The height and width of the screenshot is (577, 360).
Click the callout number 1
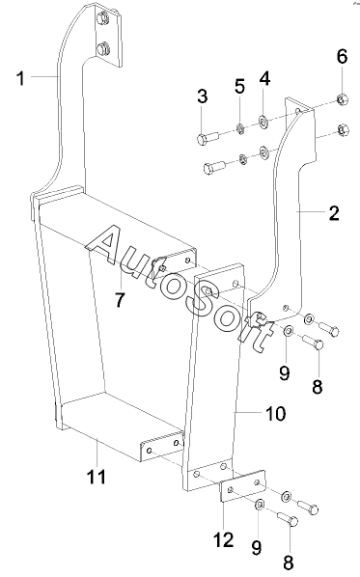pos(21,78)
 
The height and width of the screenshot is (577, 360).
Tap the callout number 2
pos(334,213)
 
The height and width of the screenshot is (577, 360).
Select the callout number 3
pos(202,96)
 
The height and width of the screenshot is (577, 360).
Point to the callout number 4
pos(264,79)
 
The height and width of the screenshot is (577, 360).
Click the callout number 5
pos(239,87)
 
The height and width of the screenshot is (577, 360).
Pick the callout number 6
pos(342,57)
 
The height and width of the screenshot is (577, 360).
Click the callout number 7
pos(120,299)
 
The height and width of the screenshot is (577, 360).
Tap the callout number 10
pos(275,414)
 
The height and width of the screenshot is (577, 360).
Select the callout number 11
pos(97,477)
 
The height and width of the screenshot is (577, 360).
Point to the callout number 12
pos(223,539)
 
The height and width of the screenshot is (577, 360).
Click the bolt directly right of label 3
pos(208,139)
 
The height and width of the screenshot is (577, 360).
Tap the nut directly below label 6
pos(343,99)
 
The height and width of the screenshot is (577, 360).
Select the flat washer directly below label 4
pos(263,121)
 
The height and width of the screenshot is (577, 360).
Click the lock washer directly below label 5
pos(240,129)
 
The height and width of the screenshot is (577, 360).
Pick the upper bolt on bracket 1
pos(102,18)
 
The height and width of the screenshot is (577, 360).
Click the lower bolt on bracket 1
pos(102,48)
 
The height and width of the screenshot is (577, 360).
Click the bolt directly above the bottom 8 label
pos(288,518)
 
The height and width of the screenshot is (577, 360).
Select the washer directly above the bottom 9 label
pos(260,504)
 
